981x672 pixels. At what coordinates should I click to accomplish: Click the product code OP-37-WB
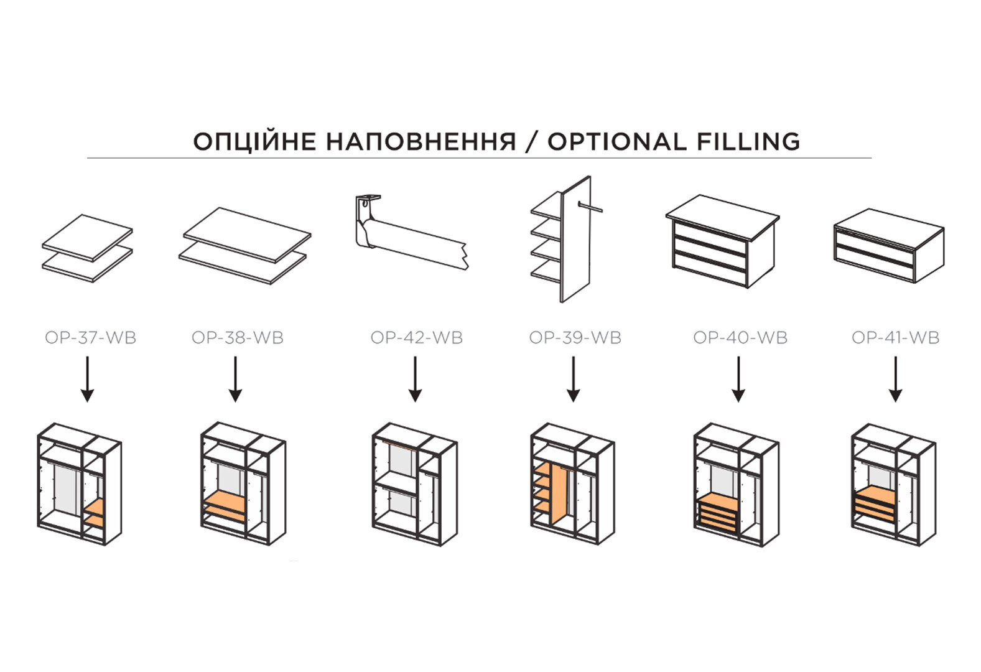(91, 338)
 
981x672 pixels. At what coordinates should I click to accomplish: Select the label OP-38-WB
(238, 338)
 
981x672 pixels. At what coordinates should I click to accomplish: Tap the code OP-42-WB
(417, 338)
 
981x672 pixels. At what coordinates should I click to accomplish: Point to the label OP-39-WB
(575, 338)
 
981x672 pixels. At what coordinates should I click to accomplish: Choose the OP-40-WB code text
(740, 338)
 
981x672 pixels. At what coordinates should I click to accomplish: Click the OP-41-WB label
(896, 338)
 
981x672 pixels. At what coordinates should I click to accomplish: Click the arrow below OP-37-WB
(88, 379)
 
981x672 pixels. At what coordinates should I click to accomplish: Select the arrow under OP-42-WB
(415, 379)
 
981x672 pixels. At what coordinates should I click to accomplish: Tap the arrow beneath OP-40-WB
(738, 379)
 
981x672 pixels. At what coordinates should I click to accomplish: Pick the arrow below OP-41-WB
(896, 379)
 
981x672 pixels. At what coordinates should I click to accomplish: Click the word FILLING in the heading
(748, 141)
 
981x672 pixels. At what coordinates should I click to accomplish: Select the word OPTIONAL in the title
(618, 141)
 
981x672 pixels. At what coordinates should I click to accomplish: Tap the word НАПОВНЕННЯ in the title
(421, 141)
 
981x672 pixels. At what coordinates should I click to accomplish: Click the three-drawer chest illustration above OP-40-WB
(723, 241)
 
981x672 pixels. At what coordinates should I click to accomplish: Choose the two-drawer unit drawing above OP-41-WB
(889, 245)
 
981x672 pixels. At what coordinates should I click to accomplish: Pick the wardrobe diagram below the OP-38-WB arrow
(243, 483)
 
